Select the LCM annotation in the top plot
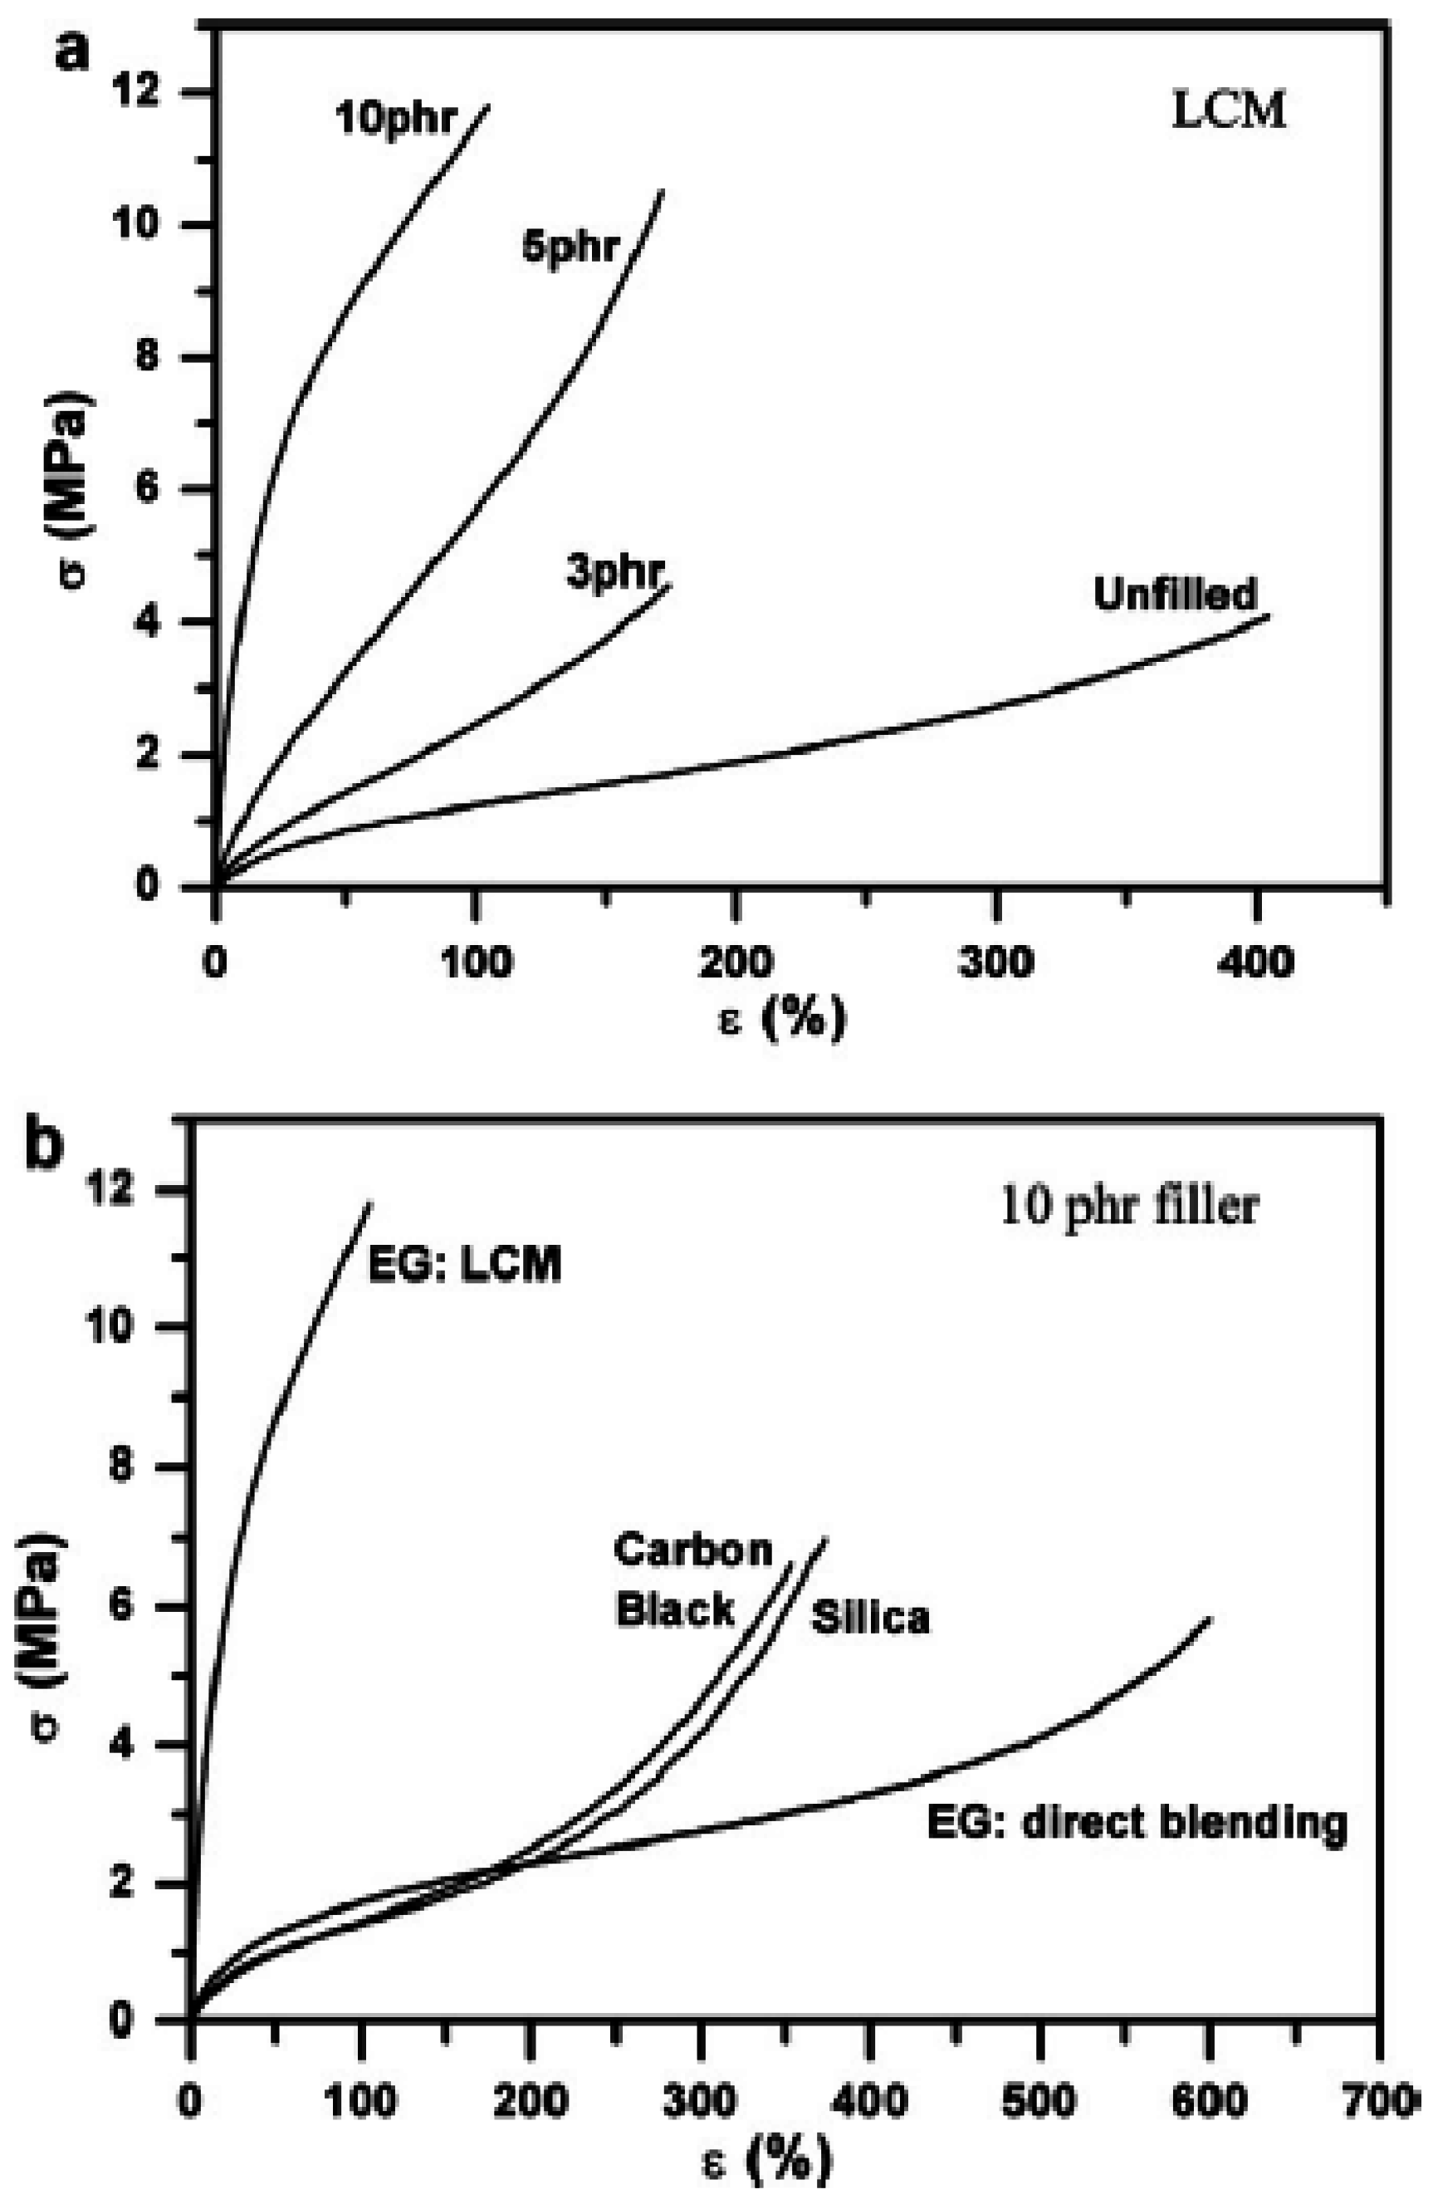(1227, 111)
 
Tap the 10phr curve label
(396, 120)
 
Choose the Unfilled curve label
(1174, 594)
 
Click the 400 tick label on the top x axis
(1254, 962)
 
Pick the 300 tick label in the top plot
(995, 962)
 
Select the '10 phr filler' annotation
(1128, 1207)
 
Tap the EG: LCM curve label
(464, 1264)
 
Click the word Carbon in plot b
(692, 1550)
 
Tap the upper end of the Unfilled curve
(1267, 615)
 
